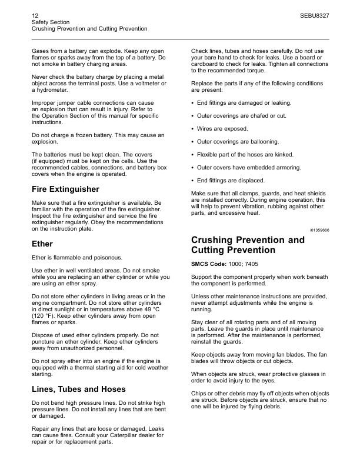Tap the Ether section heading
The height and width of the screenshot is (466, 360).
pyautogui.click(x=42, y=244)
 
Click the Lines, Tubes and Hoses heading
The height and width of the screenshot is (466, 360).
pyautogui.click(x=79, y=389)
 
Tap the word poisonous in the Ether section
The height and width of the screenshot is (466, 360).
pyautogui.click(x=106, y=257)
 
